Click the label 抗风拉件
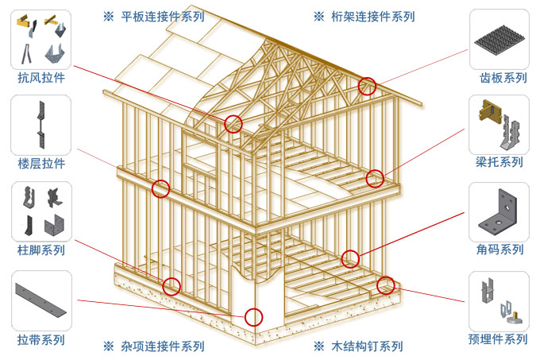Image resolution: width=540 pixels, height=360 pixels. pyautogui.click(x=40, y=78)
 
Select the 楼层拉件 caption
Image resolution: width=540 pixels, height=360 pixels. pyautogui.click(x=40, y=164)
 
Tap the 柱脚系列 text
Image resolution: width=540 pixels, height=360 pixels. pyautogui.click(x=40, y=250)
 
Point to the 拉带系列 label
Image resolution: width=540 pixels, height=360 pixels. pyautogui.click(x=40, y=339)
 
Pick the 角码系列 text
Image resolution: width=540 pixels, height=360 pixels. pyautogui.click(x=499, y=250)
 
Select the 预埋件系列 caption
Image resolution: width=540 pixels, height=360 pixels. pyautogui.click(x=499, y=339)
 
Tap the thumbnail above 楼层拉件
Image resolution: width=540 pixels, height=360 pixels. pyautogui.click(x=40, y=126)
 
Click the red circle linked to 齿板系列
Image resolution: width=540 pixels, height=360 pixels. pyautogui.click(x=367, y=87)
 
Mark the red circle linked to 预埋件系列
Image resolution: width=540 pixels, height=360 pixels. pyautogui.click(x=386, y=285)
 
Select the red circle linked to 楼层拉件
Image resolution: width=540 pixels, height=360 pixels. pyautogui.click(x=161, y=188)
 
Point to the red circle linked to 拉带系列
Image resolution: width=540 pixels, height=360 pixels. pyautogui.click(x=253, y=317)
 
